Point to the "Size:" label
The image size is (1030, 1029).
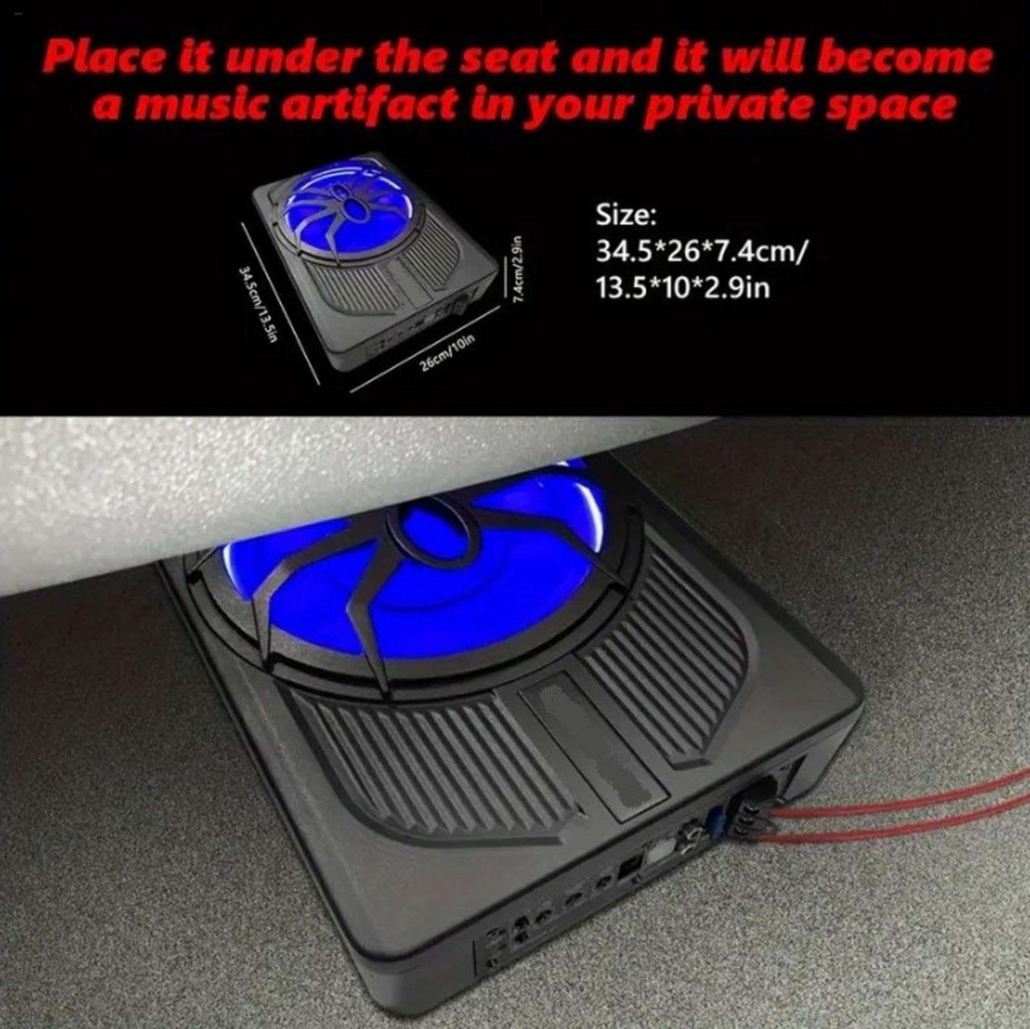coord(626,216)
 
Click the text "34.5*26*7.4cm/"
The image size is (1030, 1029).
coord(699,251)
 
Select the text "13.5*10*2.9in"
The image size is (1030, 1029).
coord(683,287)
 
